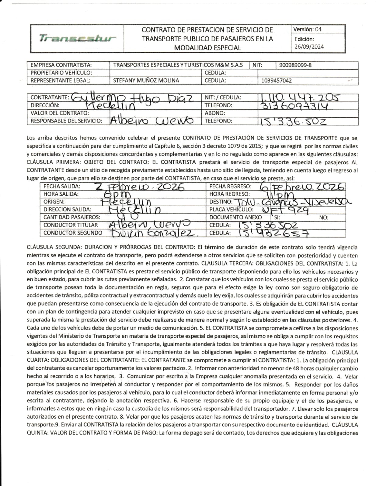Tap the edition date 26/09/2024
point(309,47)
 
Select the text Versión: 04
point(307,29)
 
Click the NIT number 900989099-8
point(295,65)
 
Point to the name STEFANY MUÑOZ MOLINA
point(146,80)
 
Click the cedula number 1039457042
point(277,80)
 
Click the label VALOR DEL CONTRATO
point(60,113)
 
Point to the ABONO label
point(215,113)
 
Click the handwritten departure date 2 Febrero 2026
point(140,187)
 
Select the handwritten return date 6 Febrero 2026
point(303,186)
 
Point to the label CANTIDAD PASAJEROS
point(72,217)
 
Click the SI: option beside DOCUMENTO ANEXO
point(277,217)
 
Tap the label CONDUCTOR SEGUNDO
point(73,233)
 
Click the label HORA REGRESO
point(229,194)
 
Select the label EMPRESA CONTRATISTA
point(61,65)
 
